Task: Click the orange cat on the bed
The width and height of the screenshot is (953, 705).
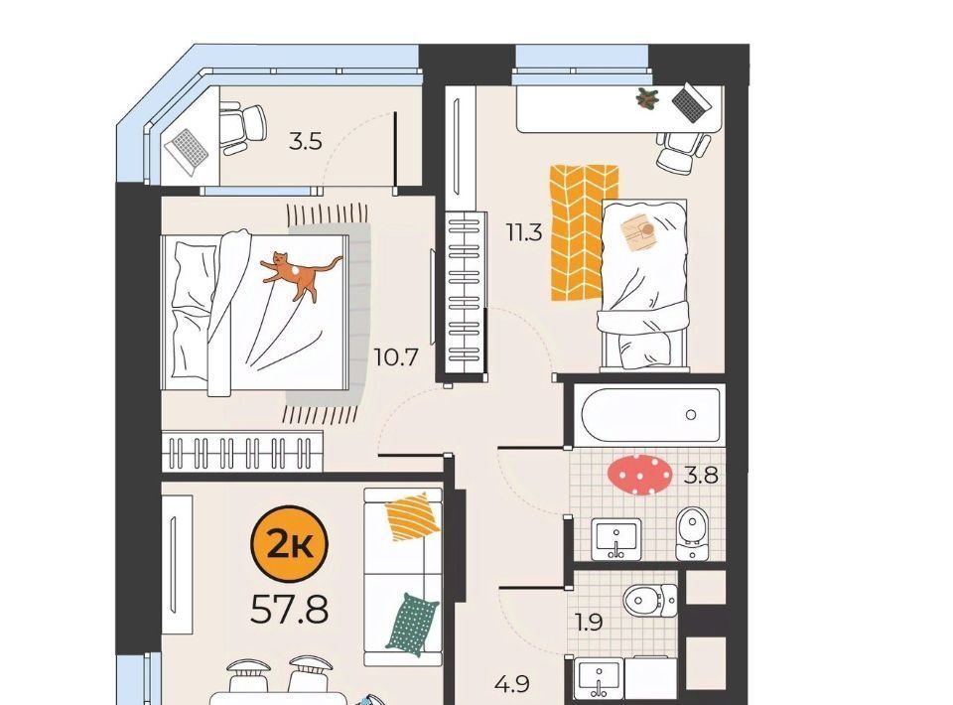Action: tap(299, 274)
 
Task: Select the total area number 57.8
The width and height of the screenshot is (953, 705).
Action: tap(289, 610)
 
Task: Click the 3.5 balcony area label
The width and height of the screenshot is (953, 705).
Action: tap(305, 142)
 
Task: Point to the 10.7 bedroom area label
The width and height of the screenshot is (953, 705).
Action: tap(396, 357)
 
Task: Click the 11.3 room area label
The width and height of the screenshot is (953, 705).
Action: tap(524, 232)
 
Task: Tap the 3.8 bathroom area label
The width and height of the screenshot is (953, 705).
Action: tap(701, 474)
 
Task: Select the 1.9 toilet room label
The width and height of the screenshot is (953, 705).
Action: tap(589, 623)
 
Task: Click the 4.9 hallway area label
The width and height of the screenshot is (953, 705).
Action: tap(512, 684)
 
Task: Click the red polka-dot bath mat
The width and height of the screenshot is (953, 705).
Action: tap(640, 473)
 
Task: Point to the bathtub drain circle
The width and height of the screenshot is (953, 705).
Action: tap(691, 415)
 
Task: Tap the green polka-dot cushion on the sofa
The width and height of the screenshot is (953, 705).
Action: tap(412, 625)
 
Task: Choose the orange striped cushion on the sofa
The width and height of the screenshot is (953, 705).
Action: tap(413, 516)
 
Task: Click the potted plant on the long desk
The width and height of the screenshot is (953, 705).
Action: tap(647, 98)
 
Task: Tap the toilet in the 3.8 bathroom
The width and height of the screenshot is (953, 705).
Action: tap(692, 533)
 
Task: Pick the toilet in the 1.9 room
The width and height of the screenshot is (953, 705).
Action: tap(649, 601)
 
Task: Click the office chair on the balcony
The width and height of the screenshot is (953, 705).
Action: tap(242, 129)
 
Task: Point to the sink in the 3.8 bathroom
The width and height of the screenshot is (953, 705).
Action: tap(615, 539)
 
